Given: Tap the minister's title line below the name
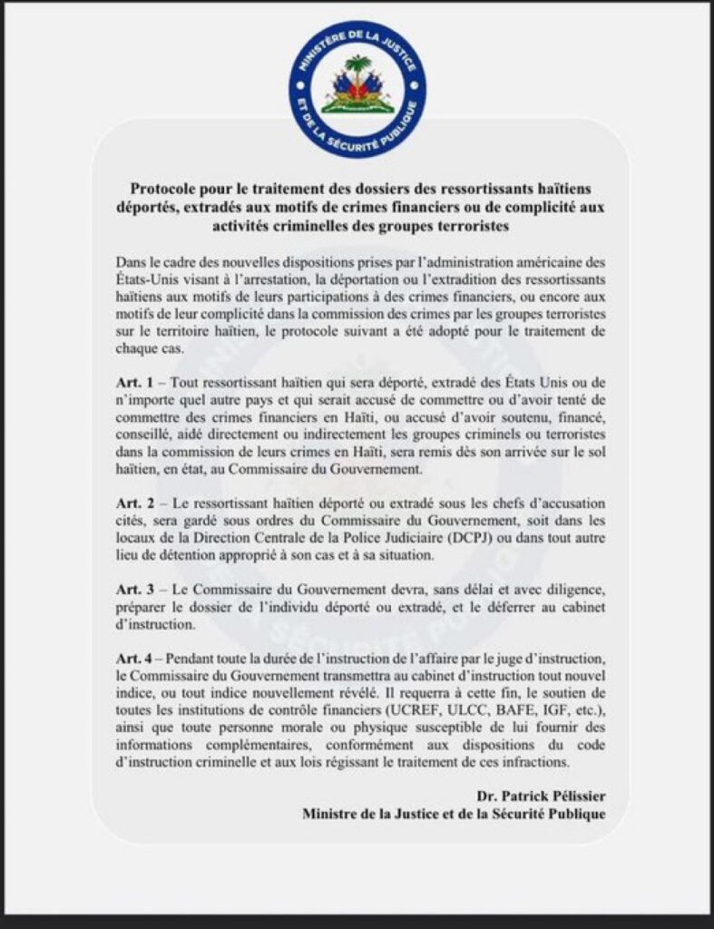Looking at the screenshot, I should point(454,814).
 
